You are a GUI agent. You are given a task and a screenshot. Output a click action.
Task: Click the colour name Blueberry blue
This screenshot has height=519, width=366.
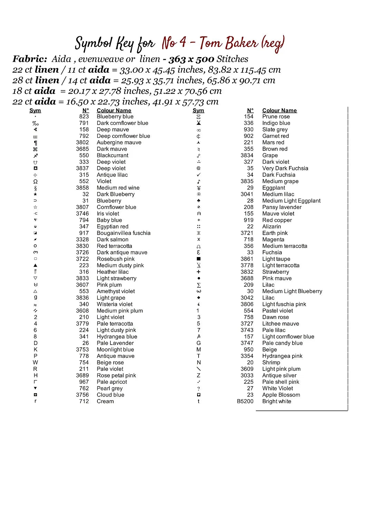point(115,117)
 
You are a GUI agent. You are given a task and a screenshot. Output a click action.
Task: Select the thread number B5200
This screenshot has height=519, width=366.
point(245,401)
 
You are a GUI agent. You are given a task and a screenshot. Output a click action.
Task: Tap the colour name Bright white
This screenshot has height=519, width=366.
point(277,401)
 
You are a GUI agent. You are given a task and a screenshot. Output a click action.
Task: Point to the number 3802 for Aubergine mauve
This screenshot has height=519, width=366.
point(82,143)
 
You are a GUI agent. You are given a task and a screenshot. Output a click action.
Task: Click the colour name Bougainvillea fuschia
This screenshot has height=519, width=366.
point(124,233)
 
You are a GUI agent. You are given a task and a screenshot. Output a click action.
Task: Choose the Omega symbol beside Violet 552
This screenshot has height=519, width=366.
point(35,181)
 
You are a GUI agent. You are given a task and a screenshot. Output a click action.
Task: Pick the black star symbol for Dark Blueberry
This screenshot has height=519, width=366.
point(35,194)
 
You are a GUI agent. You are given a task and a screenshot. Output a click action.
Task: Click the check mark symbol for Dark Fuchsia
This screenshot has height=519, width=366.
point(199,175)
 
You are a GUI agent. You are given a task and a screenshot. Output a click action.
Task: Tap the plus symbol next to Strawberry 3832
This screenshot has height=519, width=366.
point(199,272)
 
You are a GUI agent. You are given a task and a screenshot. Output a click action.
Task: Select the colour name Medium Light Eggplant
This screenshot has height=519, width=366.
point(291,201)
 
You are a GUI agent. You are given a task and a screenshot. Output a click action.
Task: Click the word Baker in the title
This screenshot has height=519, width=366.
point(242,43)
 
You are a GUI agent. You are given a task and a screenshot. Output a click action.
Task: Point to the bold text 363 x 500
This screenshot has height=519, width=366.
point(191,59)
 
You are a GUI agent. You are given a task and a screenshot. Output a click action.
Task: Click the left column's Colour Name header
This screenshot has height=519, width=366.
point(114,110)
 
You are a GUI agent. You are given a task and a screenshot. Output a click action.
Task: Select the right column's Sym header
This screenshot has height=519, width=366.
point(198,110)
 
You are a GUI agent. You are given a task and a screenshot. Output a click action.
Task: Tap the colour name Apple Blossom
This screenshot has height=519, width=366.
point(281,395)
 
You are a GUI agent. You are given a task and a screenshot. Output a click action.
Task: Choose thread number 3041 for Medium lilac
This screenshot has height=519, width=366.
point(247,194)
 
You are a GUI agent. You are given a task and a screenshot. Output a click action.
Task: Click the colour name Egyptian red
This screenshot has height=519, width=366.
point(113,227)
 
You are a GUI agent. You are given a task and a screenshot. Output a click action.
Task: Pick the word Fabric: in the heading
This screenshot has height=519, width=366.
point(30,59)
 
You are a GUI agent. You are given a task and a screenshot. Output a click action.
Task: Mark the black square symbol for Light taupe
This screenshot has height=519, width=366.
point(199,259)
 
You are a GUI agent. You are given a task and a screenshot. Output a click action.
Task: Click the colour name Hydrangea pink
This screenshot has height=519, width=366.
point(282,356)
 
